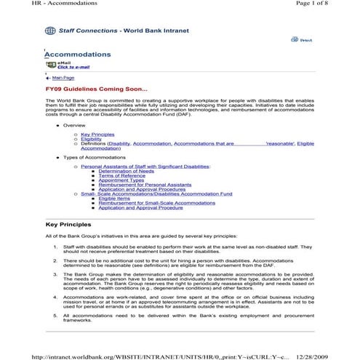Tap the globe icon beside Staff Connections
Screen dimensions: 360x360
[49, 31]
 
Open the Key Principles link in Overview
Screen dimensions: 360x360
[97, 135]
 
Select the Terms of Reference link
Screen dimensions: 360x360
[121, 175]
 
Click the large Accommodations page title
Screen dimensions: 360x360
[78, 55]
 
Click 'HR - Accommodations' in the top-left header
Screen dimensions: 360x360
[34, 4]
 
